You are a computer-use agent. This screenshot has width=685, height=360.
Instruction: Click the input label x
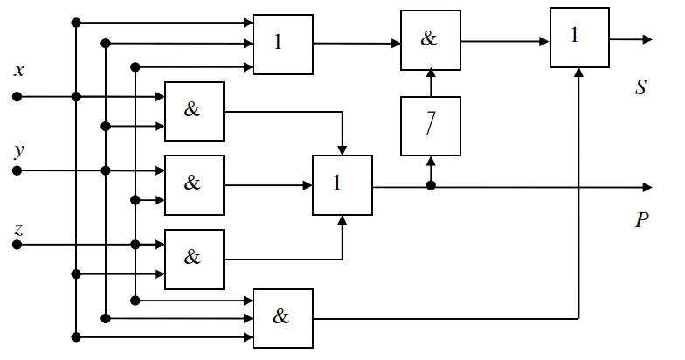click(x=18, y=70)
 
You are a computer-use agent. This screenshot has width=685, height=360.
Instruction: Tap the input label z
click(x=18, y=229)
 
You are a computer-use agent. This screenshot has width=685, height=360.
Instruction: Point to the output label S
click(x=641, y=87)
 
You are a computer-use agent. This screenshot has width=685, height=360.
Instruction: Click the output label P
click(x=641, y=219)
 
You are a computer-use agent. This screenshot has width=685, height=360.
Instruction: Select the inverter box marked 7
click(x=430, y=126)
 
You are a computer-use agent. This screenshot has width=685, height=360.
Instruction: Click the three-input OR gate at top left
click(x=282, y=44)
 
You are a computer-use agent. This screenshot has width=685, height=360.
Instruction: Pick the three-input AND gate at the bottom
click(x=282, y=317)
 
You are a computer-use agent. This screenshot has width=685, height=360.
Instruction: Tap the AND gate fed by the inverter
click(x=430, y=40)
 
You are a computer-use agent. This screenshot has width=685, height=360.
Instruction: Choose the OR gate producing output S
click(x=578, y=38)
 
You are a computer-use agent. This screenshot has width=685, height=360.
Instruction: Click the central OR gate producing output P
click(x=342, y=185)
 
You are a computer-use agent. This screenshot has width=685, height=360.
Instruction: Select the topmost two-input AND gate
click(x=194, y=111)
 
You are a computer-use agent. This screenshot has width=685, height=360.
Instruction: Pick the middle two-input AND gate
click(x=194, y=185)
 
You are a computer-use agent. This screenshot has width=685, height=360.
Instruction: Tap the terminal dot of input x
click(x=17, y=96)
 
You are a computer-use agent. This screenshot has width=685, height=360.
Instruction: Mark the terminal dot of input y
click(x=17, y=170)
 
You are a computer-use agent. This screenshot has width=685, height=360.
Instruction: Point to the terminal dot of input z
click(x=17, y=245)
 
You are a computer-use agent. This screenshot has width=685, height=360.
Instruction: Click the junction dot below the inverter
click(x=430, y=186)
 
